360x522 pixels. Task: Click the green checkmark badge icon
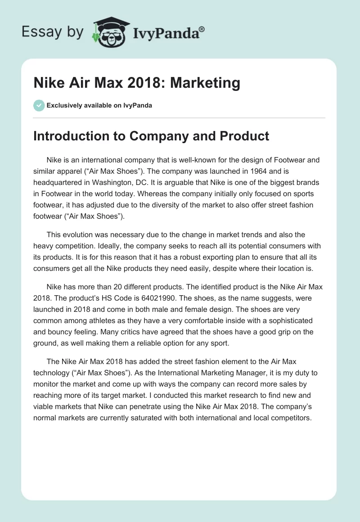pyautogui.click(x=39, y=106)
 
